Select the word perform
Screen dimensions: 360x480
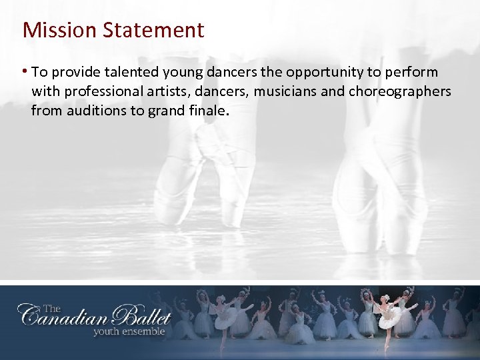(x=414, y=73)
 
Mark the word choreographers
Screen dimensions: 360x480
(x=399, y=91)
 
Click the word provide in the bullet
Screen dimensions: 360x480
(x=77, y=73)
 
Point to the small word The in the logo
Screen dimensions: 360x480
(x=51, y=308)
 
